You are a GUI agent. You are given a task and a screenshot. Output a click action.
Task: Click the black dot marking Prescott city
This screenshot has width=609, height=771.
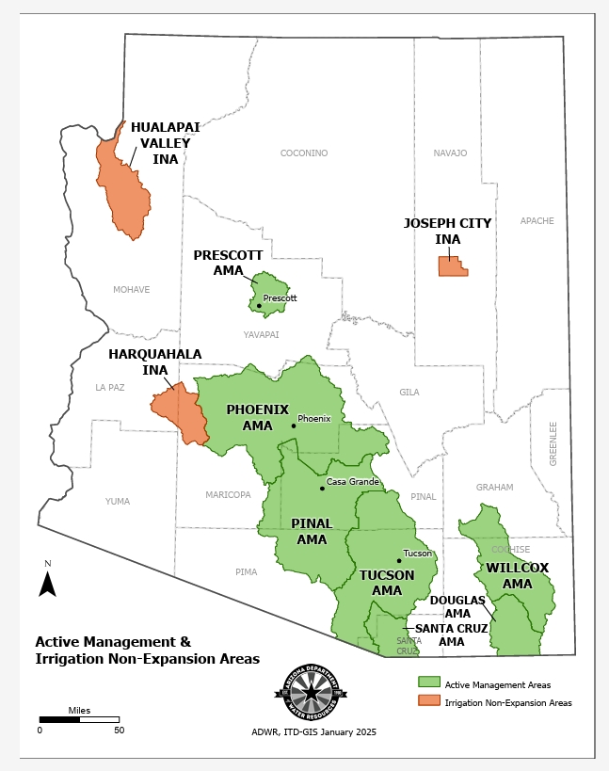click(x=259, y=305)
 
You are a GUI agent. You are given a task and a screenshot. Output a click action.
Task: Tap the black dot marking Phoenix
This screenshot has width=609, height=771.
click(x=294, y=426)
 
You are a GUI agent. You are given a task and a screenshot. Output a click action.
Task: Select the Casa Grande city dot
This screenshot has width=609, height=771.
click(x=322, y=488)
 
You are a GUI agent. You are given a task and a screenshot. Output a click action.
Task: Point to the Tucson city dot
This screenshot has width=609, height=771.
click(x=399, y=560)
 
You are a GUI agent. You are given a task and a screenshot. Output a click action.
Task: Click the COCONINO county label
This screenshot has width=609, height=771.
click(x=304, y=153)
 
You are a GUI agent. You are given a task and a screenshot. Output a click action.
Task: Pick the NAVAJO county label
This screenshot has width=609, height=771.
click(x=450, y=153)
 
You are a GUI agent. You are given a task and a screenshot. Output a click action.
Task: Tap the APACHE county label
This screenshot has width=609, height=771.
click(x=537, y=221)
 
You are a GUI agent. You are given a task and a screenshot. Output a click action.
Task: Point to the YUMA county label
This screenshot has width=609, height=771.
click(x=118, y=502)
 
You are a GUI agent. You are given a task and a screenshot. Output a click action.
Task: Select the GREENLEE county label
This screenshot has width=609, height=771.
click(x=553, y=442)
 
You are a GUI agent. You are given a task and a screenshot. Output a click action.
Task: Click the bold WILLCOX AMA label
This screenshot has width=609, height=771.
click(x=517, y=575)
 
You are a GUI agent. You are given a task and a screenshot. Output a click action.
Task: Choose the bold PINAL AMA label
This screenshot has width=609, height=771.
click(x=312, y=531)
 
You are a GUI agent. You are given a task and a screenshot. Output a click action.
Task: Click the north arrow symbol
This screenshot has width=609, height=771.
click(x=47, y=584)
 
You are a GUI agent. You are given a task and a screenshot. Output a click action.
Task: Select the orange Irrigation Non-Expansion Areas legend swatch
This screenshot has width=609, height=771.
click(x=429, y=701)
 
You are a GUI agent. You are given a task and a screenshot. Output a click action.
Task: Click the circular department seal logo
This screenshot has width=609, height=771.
click(x=311, y=694)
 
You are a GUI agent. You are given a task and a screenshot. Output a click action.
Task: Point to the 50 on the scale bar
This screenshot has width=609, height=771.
click(x=119, y=730)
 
